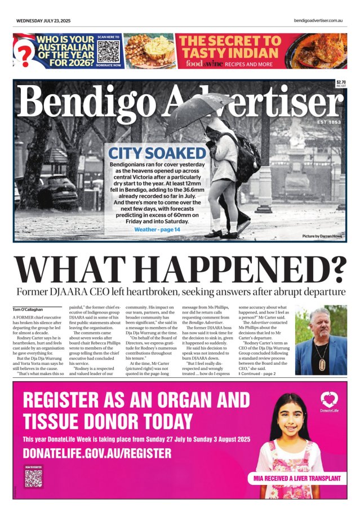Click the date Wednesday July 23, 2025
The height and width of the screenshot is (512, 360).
(43, 20)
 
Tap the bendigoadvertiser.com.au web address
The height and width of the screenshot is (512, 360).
(318, 20)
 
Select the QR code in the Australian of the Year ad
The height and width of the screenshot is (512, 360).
(109, 51)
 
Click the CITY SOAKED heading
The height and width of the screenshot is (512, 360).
(157, 153)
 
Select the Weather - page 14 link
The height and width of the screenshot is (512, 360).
(157, 229)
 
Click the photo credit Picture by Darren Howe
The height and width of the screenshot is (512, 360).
(322, 236)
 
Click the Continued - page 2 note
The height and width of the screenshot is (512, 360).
(257, 374)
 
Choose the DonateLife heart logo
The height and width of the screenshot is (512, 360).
(329, 401)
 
